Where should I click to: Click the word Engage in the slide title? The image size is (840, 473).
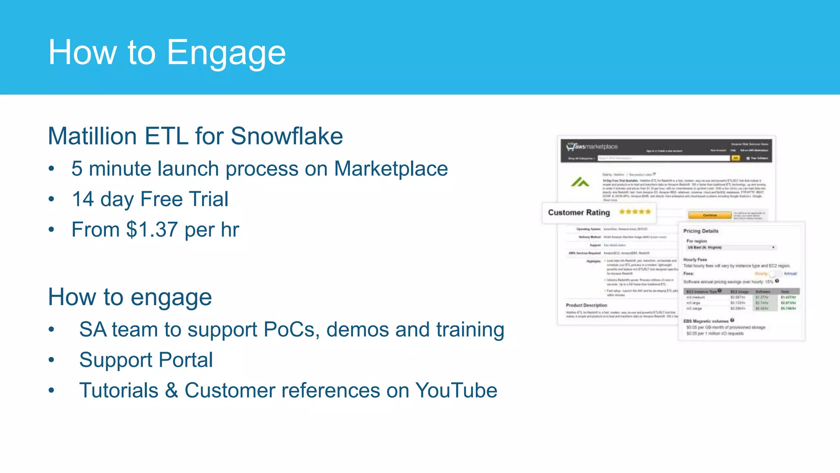pos(226,53)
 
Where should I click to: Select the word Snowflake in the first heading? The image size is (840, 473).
pos(287,136)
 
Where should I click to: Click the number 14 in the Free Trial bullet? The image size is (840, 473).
pos(83,199)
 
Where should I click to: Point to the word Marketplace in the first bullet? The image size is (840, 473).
pos(391,169)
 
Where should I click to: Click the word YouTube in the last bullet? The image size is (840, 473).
pos(456,390)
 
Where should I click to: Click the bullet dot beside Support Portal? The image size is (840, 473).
pos(51,360)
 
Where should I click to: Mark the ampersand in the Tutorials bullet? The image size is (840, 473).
pos(171,390)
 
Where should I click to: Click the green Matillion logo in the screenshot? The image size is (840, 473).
pos(580,182)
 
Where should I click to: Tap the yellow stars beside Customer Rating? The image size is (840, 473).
pos(635,212)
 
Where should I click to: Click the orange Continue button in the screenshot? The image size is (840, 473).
pos(710,215)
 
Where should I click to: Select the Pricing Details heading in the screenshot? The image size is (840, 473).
pos(701,231)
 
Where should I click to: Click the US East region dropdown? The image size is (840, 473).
pos(731,248)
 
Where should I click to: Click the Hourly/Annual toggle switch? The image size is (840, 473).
pos(774,273)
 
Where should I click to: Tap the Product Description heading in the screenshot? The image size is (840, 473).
pos(586,305)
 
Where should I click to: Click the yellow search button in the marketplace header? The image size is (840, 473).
pos(736,158)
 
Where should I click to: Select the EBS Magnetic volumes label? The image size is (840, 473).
pos(705,321)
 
